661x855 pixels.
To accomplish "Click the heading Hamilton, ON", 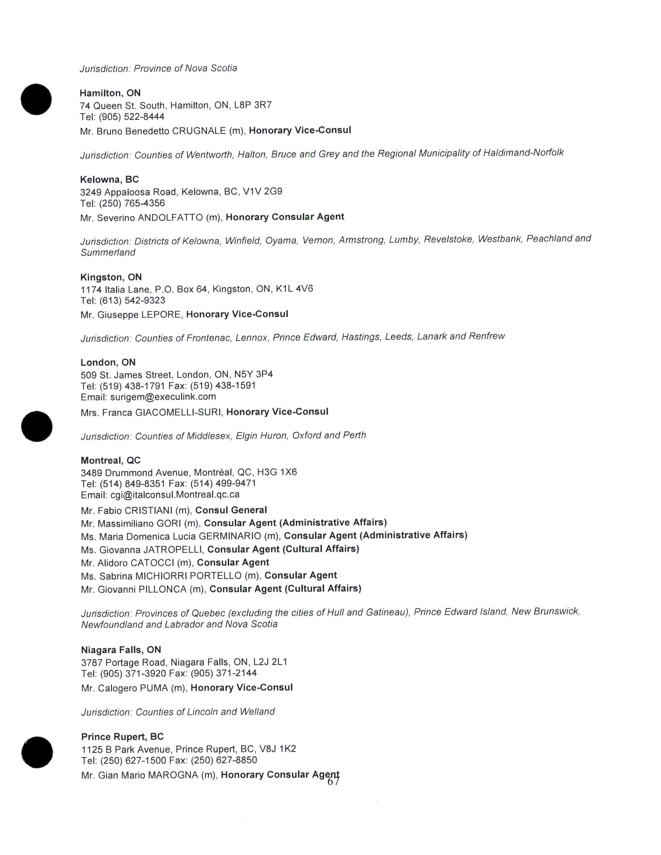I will click(110, 93).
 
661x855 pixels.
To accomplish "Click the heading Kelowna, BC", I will click(109, 180).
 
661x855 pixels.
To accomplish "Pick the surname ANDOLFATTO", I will click(170, 218).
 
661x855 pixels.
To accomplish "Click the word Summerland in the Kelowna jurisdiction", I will click(108, 253).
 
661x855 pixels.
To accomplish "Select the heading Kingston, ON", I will click(111, 277).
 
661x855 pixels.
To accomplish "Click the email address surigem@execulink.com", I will click(163, 397).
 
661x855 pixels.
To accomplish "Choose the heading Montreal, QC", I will click(110, 460).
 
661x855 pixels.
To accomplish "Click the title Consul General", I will click(231, 510).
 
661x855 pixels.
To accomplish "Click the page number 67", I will click(333, 781).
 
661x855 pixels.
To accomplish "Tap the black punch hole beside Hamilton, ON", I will click(36, 99).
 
